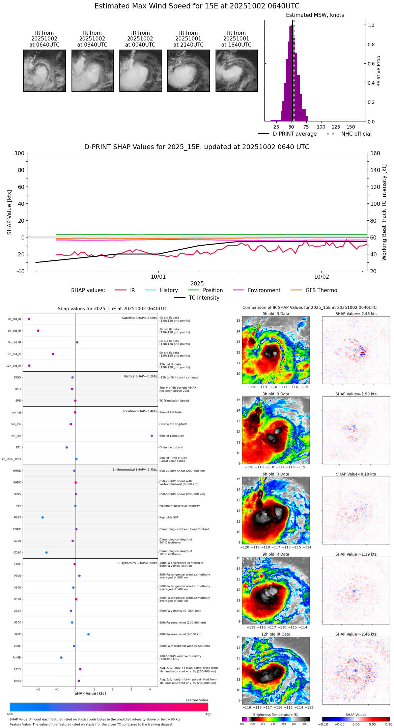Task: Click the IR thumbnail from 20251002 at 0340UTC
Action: click(x=92, y=71)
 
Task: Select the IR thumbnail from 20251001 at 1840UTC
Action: click(x=236, y=71)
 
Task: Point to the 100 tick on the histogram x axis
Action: click(x=321, y=127)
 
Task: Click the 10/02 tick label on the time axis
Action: click(x=321, y=277)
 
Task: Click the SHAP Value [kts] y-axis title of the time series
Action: click(x=9, y=212)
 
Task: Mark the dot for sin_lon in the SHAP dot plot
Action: click(x=152, y=436)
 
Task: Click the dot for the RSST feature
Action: click(x=43, y=517)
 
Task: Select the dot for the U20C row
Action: click(x=88, y=634)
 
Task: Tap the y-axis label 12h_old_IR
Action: click(x=13, y=366)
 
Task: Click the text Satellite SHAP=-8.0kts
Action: click(x=139, y=318)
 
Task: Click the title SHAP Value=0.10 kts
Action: click(x=356, y=474)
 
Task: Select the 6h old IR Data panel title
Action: click(x=276, y=474)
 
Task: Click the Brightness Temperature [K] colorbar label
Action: click(x=276, y=715)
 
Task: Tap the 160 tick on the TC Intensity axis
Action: click(x=375, y=153)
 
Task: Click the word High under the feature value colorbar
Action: click(x=208, y=714)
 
